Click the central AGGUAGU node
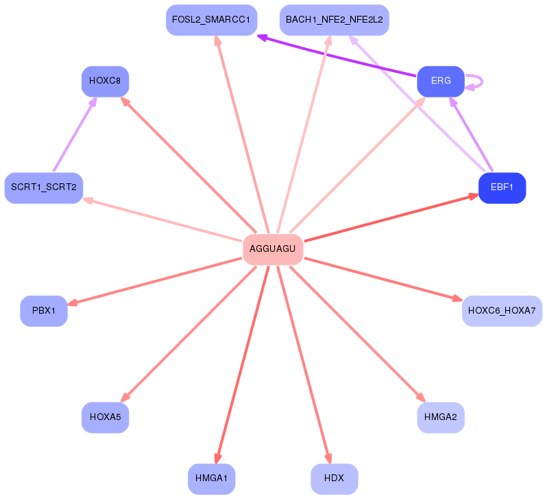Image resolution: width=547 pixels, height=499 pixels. [273, 249]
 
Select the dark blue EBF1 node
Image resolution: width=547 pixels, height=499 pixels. [502, 187]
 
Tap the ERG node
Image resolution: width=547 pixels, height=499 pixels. [441, 81]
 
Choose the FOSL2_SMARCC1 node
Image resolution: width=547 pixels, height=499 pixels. [211, 20]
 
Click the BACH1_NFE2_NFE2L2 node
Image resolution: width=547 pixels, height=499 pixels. [335, 20]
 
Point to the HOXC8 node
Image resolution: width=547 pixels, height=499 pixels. [105, 81]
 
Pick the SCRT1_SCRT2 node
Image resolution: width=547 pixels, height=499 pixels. [44, 187]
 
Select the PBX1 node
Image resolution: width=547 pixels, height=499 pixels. [44, 311]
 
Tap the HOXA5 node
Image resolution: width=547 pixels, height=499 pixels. [105, 417]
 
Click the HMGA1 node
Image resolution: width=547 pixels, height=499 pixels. [211, 478]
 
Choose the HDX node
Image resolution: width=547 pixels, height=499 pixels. [335, 478]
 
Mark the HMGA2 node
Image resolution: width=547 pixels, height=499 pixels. [441, 417]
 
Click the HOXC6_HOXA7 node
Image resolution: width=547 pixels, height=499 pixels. [502, 311]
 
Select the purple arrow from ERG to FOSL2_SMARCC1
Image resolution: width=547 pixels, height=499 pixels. [337, 56]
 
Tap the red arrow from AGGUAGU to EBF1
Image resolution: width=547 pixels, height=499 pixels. [391, 218]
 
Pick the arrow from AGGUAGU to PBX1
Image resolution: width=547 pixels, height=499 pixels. [154, 281]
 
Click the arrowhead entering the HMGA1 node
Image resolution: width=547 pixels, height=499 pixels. [218, 459]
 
